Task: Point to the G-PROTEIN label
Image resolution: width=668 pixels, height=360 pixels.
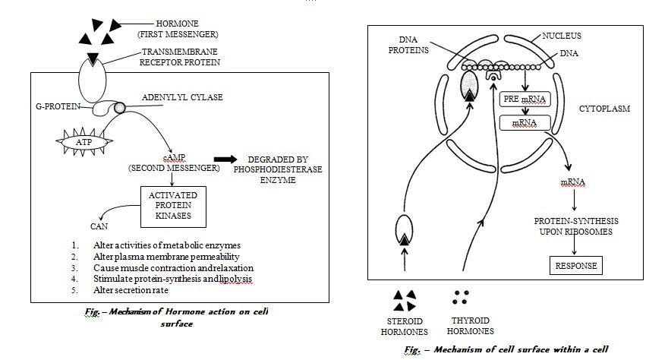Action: click(60, 107)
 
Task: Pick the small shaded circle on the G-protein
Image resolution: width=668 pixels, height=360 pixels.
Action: click(120, 108)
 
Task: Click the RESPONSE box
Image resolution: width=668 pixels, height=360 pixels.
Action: click(576, 266)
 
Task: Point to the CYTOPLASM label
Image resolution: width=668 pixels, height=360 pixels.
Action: click(610, 109)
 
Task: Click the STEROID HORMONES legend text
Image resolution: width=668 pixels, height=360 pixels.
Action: click(403, 326)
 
